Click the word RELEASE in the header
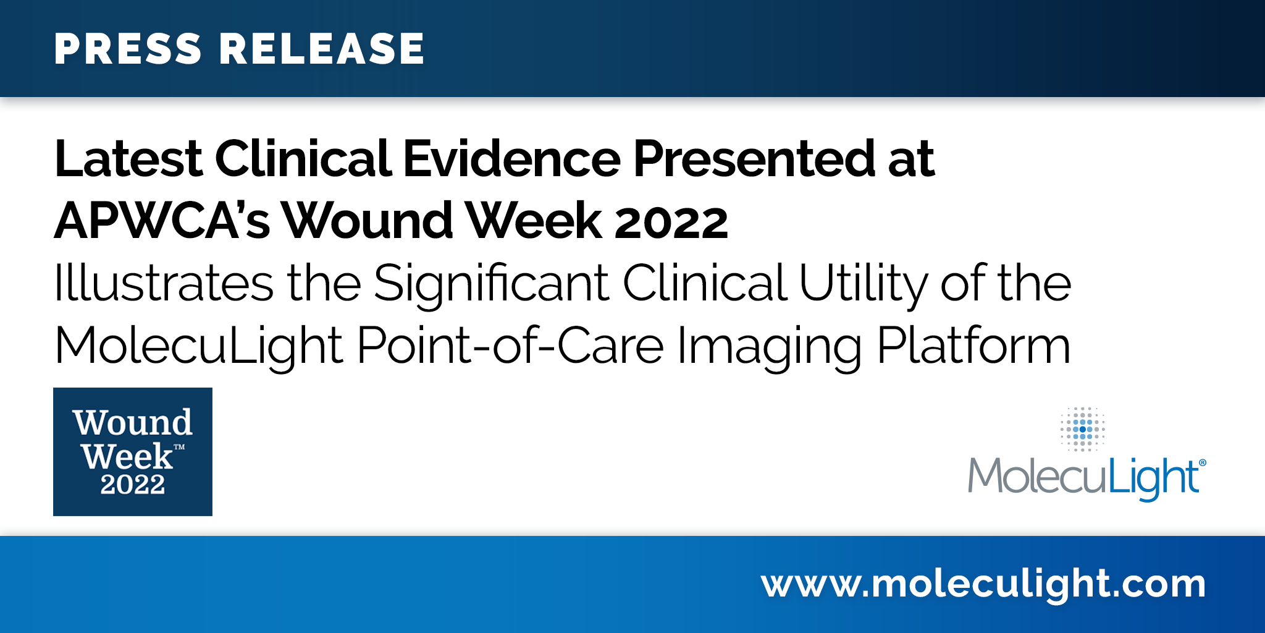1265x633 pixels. tap(322, 49)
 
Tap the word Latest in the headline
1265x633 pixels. tap(128, 159)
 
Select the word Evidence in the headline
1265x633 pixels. tap(512, 159)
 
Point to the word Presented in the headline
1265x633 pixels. tap(754, 159)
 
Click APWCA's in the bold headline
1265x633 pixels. tap(162, 221)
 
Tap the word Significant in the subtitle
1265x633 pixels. tap(492, 283)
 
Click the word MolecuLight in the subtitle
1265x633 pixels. tap(198, 346)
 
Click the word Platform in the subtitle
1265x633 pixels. tap(973, 346)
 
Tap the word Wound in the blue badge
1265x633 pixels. tap(133, 423)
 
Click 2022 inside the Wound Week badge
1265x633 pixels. tap(133, 484)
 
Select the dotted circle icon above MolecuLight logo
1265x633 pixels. tap(1082, 429)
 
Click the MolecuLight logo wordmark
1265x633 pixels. tap(1082, 477)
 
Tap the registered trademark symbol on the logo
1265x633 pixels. tap(1202, 462)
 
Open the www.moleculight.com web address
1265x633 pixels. tap(983, 584)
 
